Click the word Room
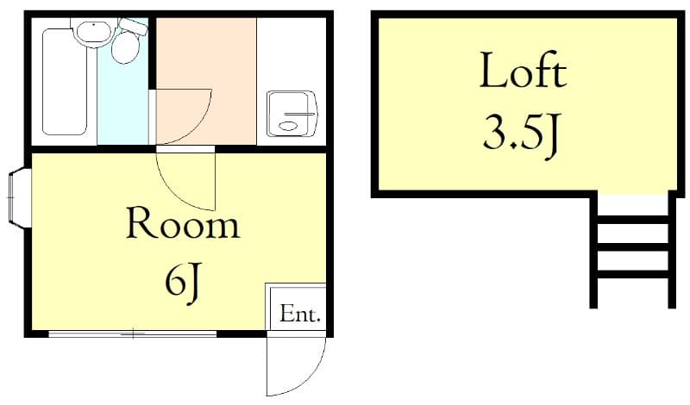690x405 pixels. tap(182, 224)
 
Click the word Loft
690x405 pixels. tap(523, 72)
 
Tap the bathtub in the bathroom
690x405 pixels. tap(65, 83)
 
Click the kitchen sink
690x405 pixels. tap(292, 115)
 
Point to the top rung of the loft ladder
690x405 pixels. tap(632, 219)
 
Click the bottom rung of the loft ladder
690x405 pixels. tap(632, 275)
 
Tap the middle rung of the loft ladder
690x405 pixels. tap(632, 247)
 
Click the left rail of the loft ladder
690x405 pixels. tap(594, 250)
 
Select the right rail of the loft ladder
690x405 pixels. tap(671, 250)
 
